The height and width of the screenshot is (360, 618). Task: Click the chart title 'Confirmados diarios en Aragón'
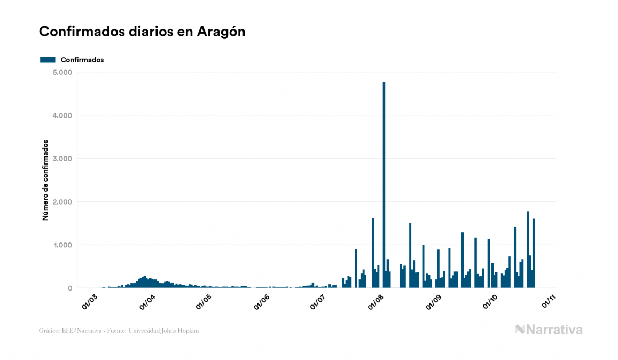tap(142, 32)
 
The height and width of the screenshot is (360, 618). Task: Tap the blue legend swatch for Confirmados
tap(48, 60)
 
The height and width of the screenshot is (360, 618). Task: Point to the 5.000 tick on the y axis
tap(62, 72)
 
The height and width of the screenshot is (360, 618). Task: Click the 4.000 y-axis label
tap(62, 115)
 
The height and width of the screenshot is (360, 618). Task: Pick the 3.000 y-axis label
tap(62, 159)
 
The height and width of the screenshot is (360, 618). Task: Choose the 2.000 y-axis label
tap(62, 202)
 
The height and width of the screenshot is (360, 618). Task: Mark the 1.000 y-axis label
tap(62, 245)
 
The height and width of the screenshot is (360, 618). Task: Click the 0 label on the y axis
tap(69, 288)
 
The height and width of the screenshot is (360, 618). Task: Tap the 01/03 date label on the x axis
tap(89, 302)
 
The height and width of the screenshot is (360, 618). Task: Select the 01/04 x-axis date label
tap(146, 302)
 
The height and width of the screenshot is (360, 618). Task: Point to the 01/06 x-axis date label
tap(261, 302)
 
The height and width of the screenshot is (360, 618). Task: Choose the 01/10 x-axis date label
tap(490, 302)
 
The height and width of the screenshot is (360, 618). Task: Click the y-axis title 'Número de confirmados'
tap(45, 181)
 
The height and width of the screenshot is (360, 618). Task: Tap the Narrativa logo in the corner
tap(549, 330)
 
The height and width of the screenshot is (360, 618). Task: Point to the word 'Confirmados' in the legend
tap(82, 60)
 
